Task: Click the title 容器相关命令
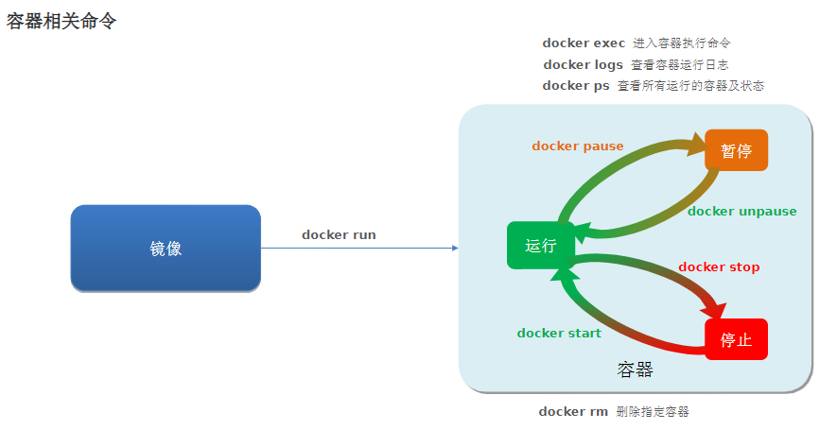pyautogui.click(x=61, y=21)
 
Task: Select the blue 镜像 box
pyautogui.click(x=166, y=249)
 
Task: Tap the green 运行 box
pyautogui.click(x=541, y=246)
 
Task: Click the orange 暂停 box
pyautogui.click(x=736, y=150)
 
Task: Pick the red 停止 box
pyautogui.click(x=736, y=339)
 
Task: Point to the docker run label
pyautogui.click(x=339, y=234)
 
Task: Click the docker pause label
pyautogui.click(x=578, y=146)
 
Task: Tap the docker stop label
pyautogui.click(x=719, y=267)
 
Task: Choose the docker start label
pyautogui.click(x=559, y=333)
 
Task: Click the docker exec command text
pyautogui.click(x=584, y=43)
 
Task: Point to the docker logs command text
pyautogui.click(x=583, y=64)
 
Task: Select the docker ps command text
pyautogui.click(x=576, y=85)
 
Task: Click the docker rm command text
pyautogui.click(x=573, y=411)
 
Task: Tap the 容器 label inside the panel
pyautogui.click(x=635, y=370)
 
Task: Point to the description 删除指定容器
pyautogui.click(x=652, y=411)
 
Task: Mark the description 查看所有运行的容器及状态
pyautogui.click(x=690, y=85)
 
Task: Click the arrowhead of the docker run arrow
pyautogui.click(x=455, y=248)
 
